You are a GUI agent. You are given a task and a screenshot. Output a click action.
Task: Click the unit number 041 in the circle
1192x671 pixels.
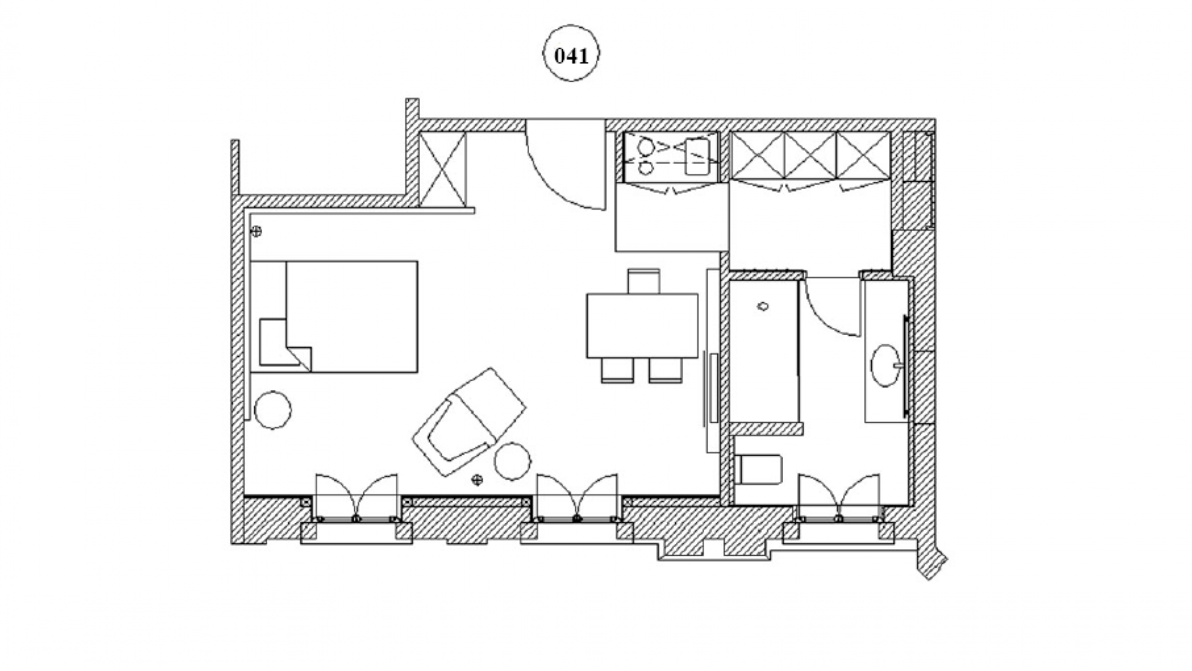tap(571, 57)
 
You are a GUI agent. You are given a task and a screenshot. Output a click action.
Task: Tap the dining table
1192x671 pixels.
tap(643, 326)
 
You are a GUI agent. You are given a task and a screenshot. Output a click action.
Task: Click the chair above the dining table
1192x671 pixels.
tap(643, 281)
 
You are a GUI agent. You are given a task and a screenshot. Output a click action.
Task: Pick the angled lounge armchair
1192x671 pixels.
tap(469, 422)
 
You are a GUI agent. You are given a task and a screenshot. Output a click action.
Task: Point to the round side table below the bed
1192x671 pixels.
tap(272, 409)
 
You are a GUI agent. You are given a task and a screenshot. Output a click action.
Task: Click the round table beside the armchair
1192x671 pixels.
tap(513, 461)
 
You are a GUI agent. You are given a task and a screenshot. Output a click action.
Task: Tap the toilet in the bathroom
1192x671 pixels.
tap(759, 469)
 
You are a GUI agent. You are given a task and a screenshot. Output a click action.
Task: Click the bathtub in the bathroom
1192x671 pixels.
tap(764, 351)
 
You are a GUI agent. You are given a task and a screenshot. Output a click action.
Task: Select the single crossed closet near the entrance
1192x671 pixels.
tap(443, 170)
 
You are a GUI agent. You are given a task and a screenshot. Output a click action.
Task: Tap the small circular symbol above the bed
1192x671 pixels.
tap(256, 232)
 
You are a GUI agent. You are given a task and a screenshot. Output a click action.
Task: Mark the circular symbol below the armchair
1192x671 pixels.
tap(477, 479)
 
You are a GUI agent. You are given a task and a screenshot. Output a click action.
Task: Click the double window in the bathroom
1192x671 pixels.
tap(838, 497)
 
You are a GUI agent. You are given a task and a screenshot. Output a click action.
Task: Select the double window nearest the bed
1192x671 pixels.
tap(356, 497)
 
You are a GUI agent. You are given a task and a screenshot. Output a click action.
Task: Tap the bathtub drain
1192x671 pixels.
tap(763, 306)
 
